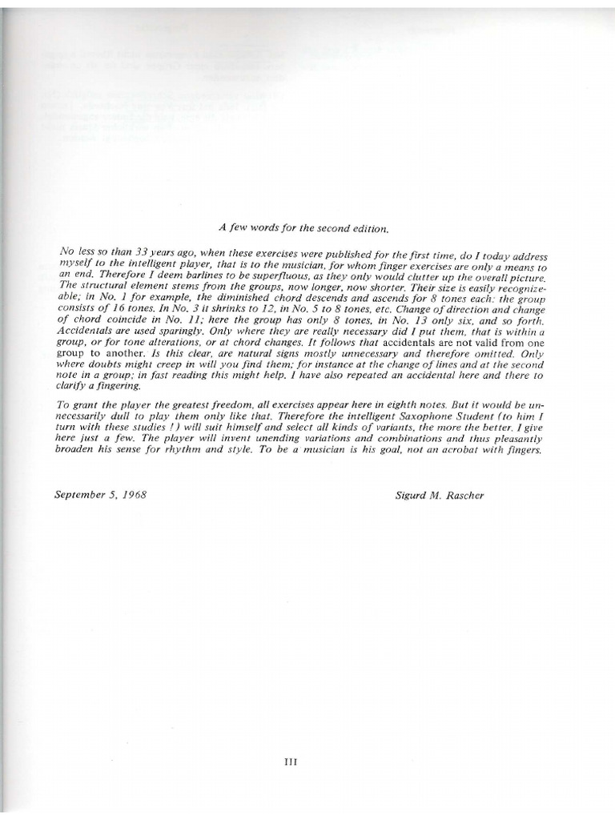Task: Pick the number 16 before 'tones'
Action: click(117, 308)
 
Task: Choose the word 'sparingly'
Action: click(174, 331)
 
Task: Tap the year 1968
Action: click(134, 495)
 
